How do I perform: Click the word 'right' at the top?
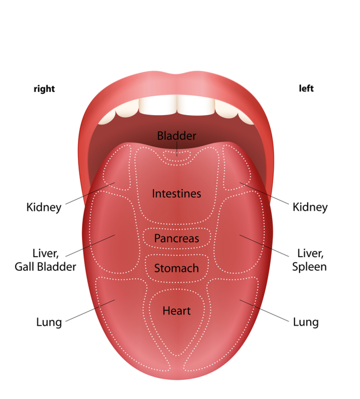[x=44, y=89]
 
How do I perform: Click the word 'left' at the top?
[x=306, y=89]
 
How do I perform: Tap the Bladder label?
[x=176, y=136]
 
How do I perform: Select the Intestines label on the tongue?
[x=176, y=194]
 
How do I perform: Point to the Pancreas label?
[x=176, y=238]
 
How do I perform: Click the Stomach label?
[x=176, y=268]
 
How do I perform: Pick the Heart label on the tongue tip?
[x=176, y=310]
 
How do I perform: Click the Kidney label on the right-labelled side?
[x=44, y=207]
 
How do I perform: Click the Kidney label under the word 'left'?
[x=310, y=207]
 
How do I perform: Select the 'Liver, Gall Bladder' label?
[x=45, y=259]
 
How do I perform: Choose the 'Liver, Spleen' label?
[x=309, y=259]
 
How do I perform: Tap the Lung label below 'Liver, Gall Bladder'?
[x=49, y=322]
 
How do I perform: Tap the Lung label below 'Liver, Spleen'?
[x=306, y=322]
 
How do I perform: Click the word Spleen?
[x=309, y=266]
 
